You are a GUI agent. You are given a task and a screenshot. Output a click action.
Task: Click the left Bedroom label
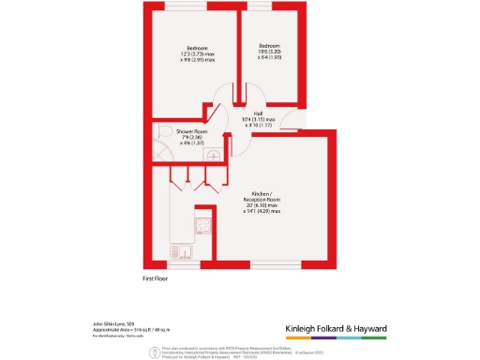(x=196, y=48)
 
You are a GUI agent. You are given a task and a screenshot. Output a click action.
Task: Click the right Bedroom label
(x=268, y=44)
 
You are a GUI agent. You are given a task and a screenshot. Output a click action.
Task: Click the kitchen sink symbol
(x=177, y=251)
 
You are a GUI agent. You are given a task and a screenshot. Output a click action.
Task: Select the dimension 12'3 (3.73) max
(x=197, y=53)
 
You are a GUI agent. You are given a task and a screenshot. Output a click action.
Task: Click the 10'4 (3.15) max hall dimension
(x=258, y=120)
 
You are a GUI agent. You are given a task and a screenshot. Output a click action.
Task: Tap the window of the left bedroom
(x=187, y=8)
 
